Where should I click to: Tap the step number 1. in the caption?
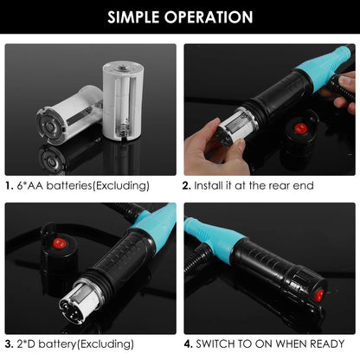9,184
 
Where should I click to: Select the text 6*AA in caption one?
33,184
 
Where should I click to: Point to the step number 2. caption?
187,184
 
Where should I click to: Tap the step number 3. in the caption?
9,344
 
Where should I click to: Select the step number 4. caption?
187,344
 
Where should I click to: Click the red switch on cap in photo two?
300,129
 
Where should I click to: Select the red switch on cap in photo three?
59,241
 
